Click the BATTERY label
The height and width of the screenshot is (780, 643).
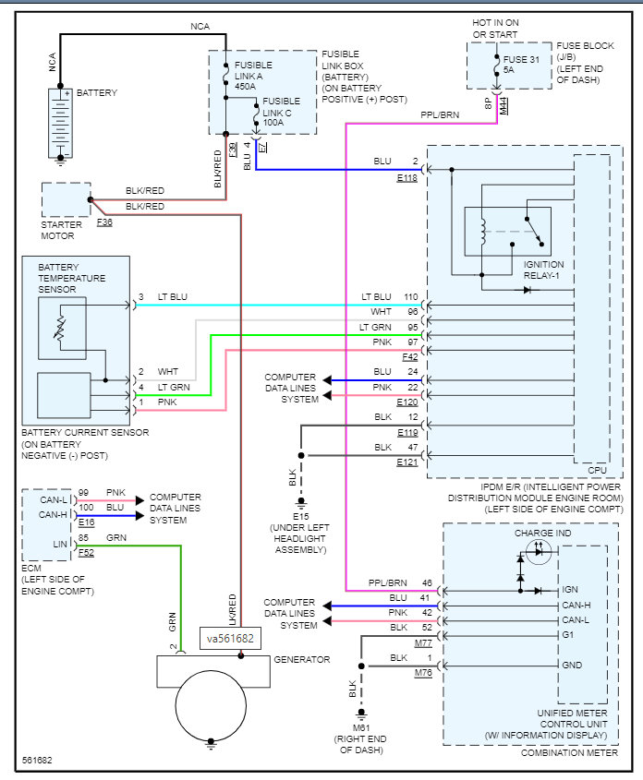click(97, 93)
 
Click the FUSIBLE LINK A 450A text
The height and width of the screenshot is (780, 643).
click(248, 75)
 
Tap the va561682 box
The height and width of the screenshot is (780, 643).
click(231, 638)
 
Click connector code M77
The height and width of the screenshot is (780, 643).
click(423, 642)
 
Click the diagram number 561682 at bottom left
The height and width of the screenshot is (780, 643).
click(38, 762)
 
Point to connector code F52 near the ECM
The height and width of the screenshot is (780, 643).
click(85, 553)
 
